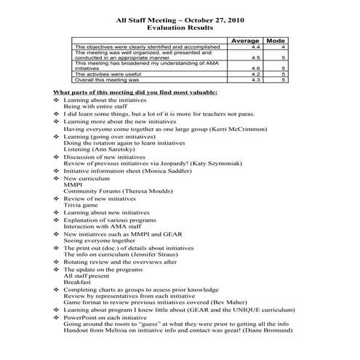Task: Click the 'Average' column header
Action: [x=245, y=41]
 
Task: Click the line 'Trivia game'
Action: [x=79, y=206]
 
